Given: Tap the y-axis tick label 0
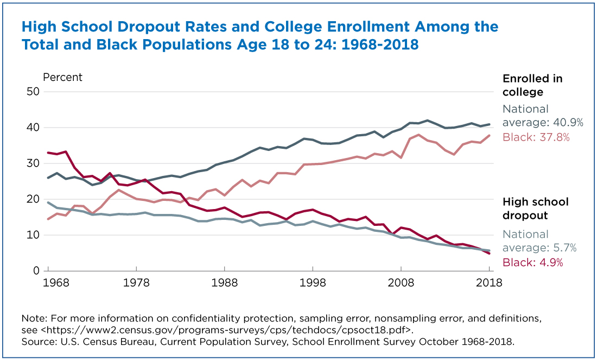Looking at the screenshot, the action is (36, 271).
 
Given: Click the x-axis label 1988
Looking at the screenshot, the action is (225, 283).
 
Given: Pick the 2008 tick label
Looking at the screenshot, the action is (401, 283).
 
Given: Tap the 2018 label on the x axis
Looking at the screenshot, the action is (489, 283).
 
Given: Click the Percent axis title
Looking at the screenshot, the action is (62, 77).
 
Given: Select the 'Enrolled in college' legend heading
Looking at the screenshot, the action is (532, 85).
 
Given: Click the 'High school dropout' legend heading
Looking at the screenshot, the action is (535, 209).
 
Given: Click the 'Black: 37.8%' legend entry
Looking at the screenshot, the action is (536, 137).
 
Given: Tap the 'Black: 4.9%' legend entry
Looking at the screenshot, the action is (532, 262).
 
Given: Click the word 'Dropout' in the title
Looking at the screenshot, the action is (167, 28).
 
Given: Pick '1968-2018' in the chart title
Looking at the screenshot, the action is (380, 45).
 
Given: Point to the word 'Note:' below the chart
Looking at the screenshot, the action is (35, 318).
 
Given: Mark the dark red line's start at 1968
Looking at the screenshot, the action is (48, 153).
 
